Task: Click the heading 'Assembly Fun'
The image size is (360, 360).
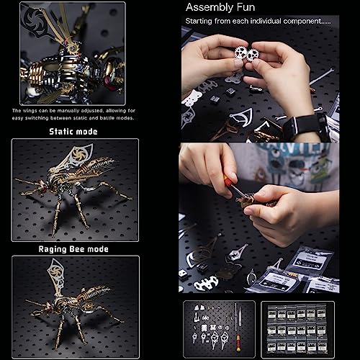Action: (219, 8)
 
